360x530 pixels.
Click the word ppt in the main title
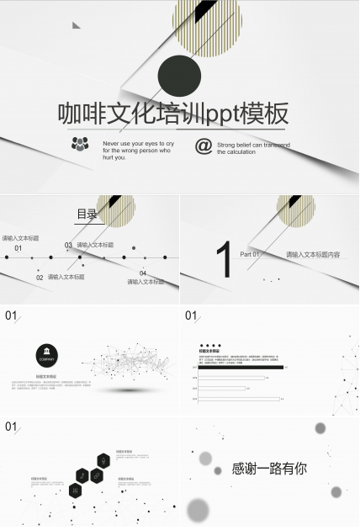click(222, 114)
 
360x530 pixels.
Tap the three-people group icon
click(80, 144)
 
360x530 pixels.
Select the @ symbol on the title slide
click(203, 146)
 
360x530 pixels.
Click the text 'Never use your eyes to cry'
click(138, 144)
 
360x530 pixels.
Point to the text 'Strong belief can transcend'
click(253, 145)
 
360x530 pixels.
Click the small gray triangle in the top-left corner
click(76, 25)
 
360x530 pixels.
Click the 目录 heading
click(87, 215)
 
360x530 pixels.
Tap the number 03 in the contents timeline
click(68, 246)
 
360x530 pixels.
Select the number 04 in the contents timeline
click(143, 273)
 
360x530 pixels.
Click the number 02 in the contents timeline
click(40, 277)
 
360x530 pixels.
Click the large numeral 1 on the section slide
click(223, 259)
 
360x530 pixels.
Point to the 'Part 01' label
click(250, 254)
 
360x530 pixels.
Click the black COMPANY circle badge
click(47, 354)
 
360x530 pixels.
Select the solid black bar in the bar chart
click(241, 367)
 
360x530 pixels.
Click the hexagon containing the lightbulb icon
click(103, 460)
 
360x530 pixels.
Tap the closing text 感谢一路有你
click(269, 469)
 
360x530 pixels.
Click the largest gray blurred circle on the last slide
click(199, 509)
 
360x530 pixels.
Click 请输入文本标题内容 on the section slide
click(313, 254)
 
